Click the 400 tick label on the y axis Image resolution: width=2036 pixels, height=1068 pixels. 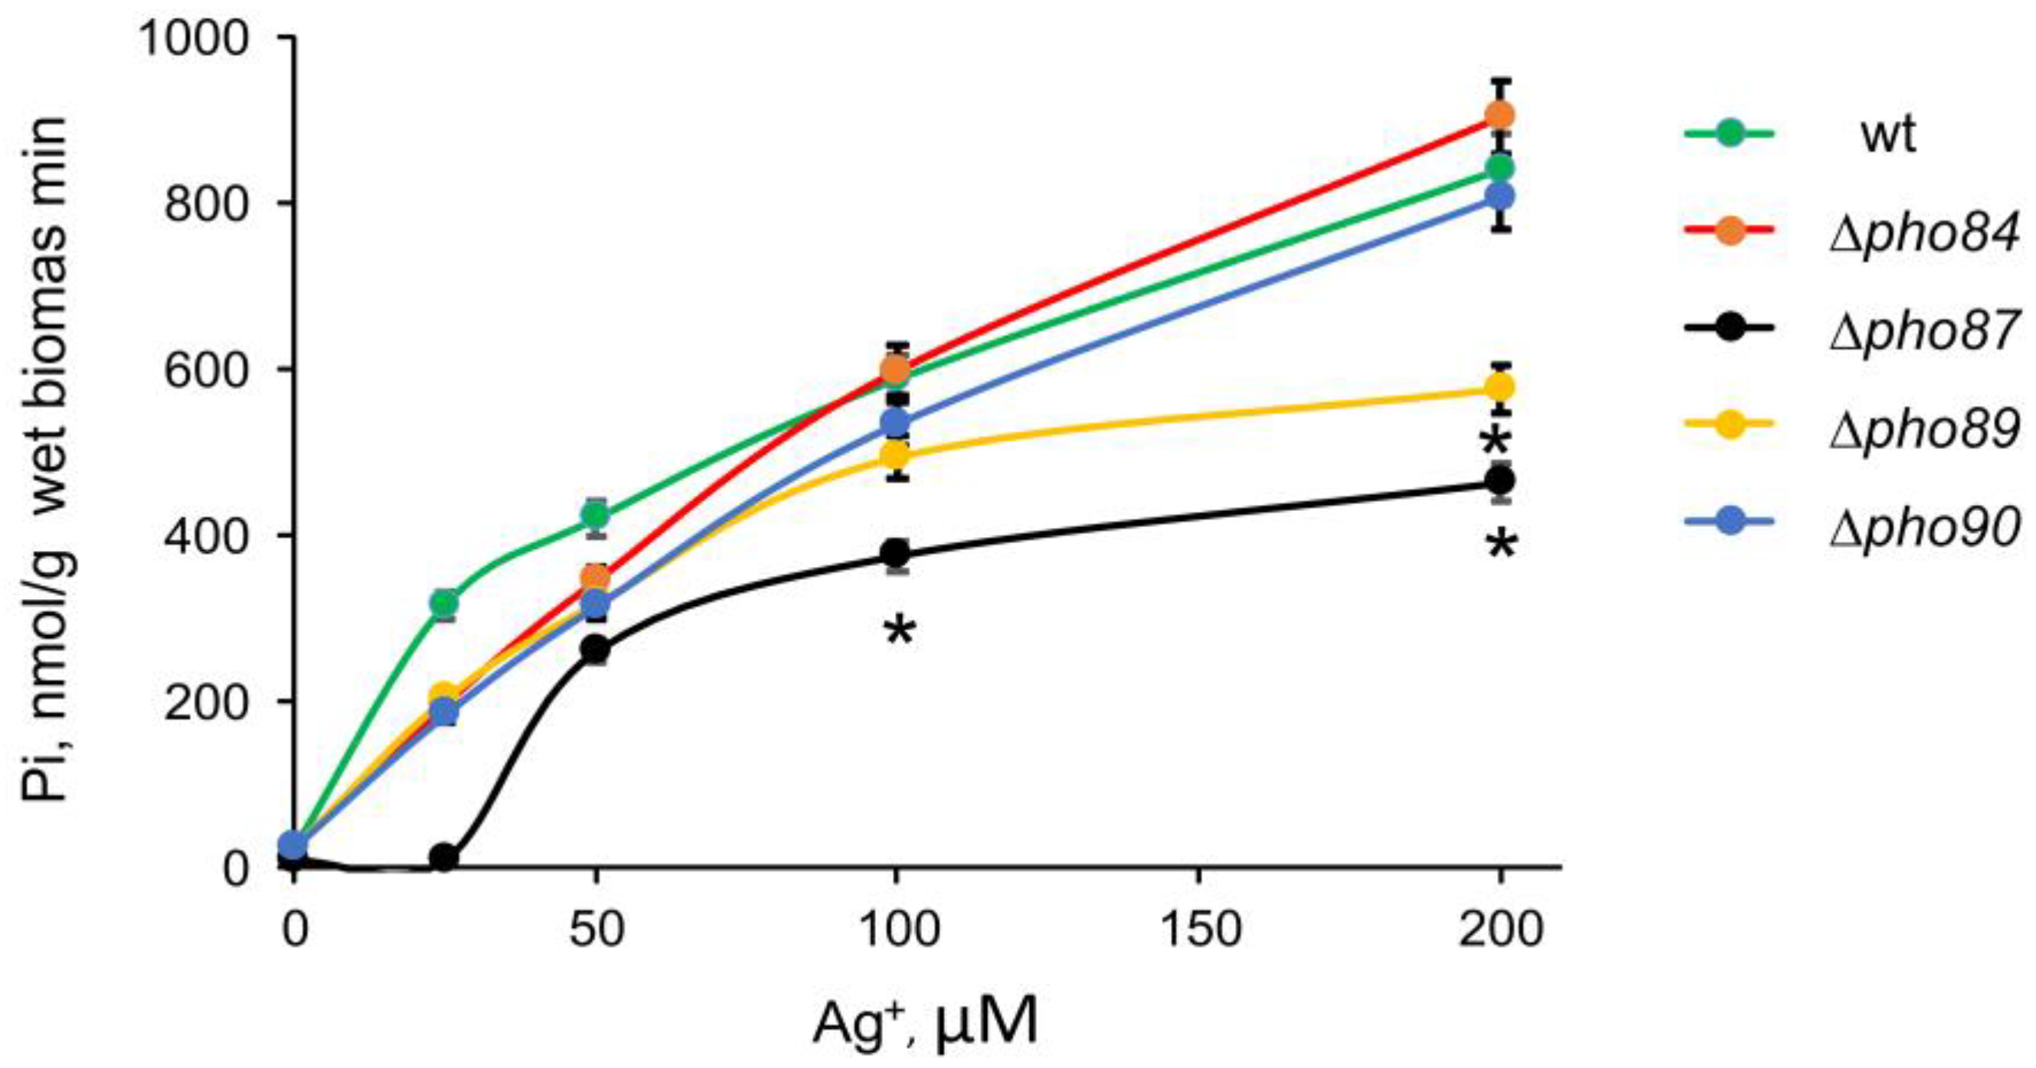coord(207,536)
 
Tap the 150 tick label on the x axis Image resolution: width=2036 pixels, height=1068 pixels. coord(1199,930)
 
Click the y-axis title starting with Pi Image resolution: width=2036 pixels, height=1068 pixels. coord(52,458)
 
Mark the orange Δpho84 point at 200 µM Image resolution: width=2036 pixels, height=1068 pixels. coord(1500,116)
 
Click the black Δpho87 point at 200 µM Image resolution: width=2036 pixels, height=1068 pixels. coord(1500,480)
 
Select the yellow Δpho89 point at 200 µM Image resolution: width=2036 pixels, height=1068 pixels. coord(1500,388)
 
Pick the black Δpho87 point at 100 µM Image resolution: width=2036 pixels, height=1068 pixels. coord(897,552)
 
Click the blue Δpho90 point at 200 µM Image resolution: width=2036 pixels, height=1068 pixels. coord(1500,196)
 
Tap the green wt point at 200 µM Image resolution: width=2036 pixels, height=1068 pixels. coord(1500,168)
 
